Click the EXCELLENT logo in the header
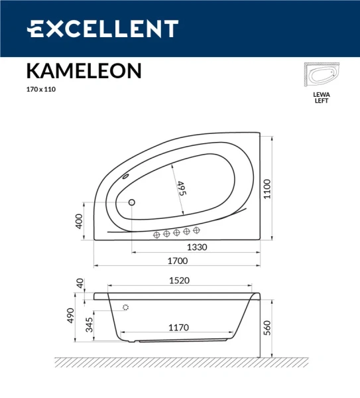pyautogui.click(x=103, y=29)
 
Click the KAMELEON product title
pyautogui.click(x=84, y=71)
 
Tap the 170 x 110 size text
pyautogui.click(x=41, y=90)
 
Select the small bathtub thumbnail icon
pyautogui.click(x=321, y=76)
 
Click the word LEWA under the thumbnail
pyautogui.click(x=321, y=95)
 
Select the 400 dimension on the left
pyautogui.click(x=80, y=221)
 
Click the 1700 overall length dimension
pyautogui.click(x=179, y=261)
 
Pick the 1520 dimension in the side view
pyautogui.click(x=177, y=281)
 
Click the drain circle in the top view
pyautogui.click(x=131, y=202)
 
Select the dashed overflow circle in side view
pyautogui.click(x=125, y=307)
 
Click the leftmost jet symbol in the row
pyautogui.click(x=157, y=233)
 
